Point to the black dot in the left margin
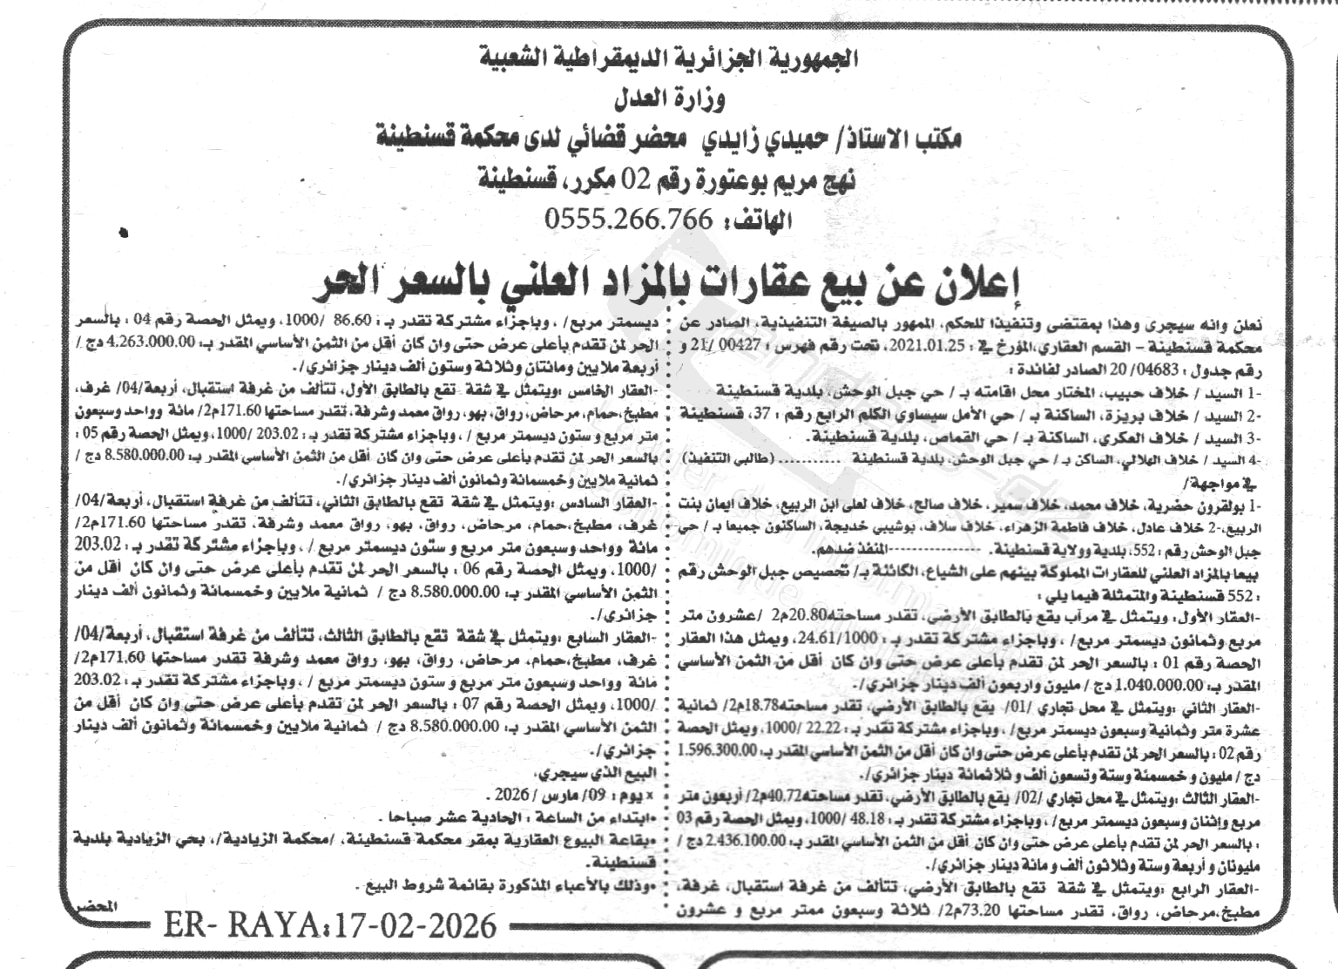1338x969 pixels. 124,234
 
